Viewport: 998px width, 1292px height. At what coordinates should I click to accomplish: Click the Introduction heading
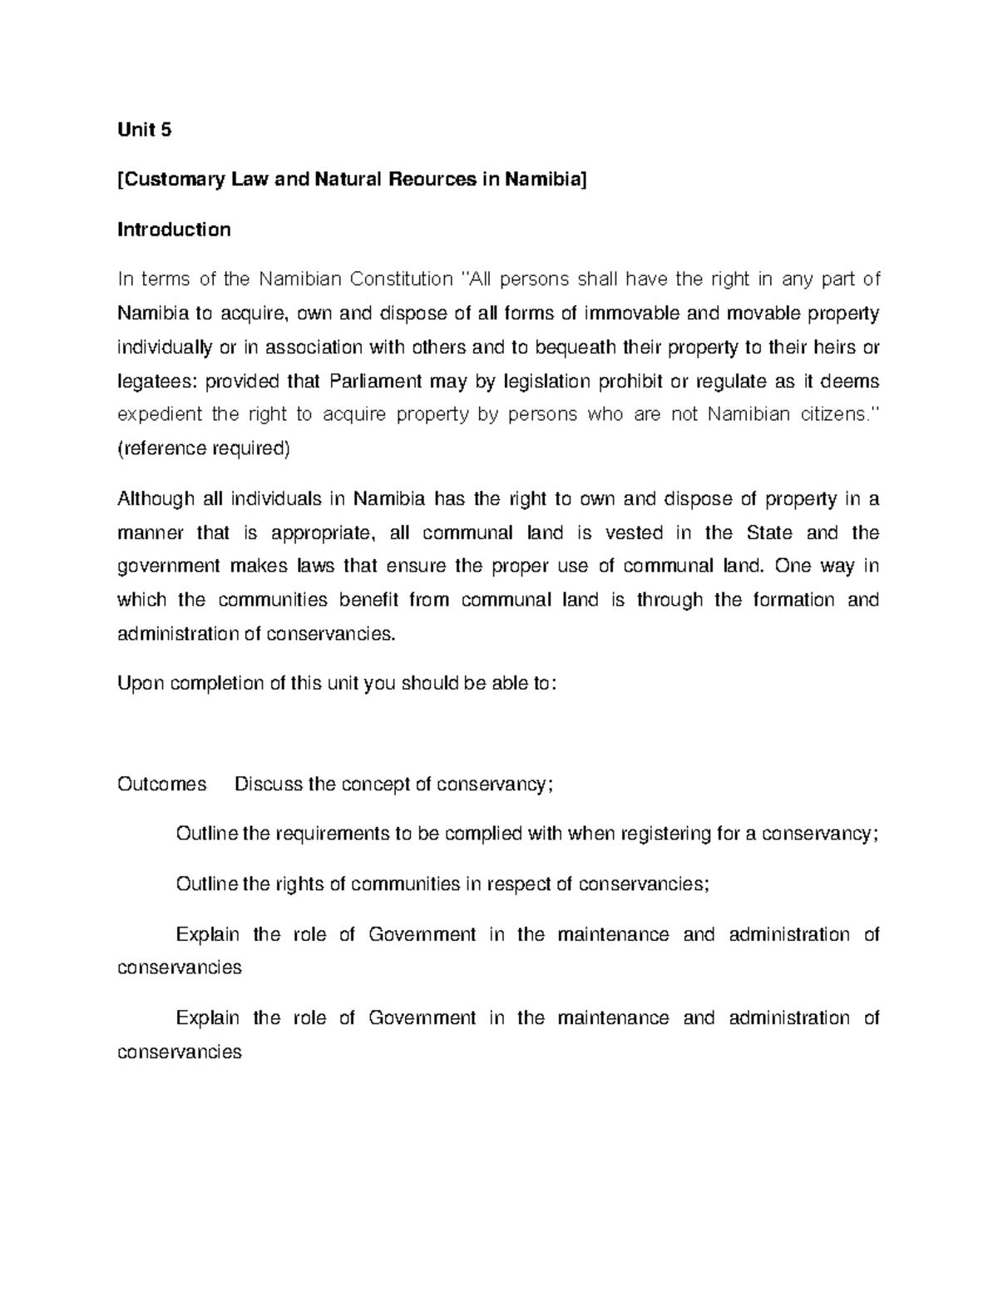(174, 230)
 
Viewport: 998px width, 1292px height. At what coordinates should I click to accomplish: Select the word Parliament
(377, 381)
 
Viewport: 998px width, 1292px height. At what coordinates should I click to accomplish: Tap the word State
(769, 532)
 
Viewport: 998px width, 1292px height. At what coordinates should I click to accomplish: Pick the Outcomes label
(161, 785)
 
